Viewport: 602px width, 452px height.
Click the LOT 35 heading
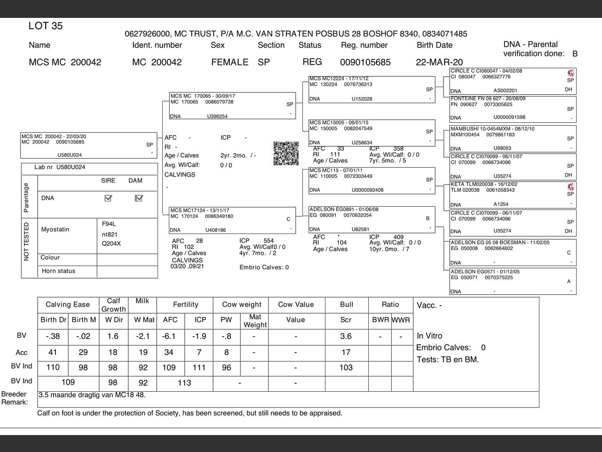pos(45,26)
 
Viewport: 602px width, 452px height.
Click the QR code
pos(286,153)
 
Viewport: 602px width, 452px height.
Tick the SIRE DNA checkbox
pos(108,198)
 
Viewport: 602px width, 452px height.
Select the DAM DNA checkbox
pos(138,198)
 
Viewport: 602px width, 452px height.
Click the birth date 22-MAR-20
pos(439,62)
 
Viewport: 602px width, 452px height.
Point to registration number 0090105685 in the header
pos(365,62)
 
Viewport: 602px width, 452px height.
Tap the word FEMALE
pos(230,62)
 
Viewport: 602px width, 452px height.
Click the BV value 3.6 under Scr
pos(346,336)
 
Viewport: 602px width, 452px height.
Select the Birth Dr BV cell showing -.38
pos(53,336)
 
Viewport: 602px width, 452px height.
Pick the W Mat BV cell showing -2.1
pos(143,336)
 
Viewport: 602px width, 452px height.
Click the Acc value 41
pos(53,352)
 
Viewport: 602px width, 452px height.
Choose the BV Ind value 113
pos(184,383)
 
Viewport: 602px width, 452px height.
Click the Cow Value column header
pos(295,305)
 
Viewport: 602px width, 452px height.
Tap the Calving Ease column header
pos(68,305)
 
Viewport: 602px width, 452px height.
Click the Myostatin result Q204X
pos(111,244)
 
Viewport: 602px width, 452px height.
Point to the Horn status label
pos(58,271)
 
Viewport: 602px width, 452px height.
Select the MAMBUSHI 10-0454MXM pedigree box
pos(512,138)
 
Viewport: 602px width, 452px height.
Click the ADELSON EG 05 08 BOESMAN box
pos(512,253)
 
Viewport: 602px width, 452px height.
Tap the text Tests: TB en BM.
pos(447,360)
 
